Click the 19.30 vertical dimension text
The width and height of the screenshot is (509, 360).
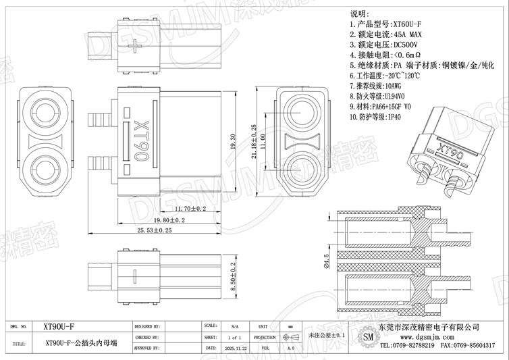coord(234,143)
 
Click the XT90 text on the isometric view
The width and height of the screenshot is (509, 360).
coord(450,149)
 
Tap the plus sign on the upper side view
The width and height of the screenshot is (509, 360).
coord(140,46)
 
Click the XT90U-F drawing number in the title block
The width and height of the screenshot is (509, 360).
coord(59,325)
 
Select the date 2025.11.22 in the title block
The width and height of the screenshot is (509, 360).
coord(234,348)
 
